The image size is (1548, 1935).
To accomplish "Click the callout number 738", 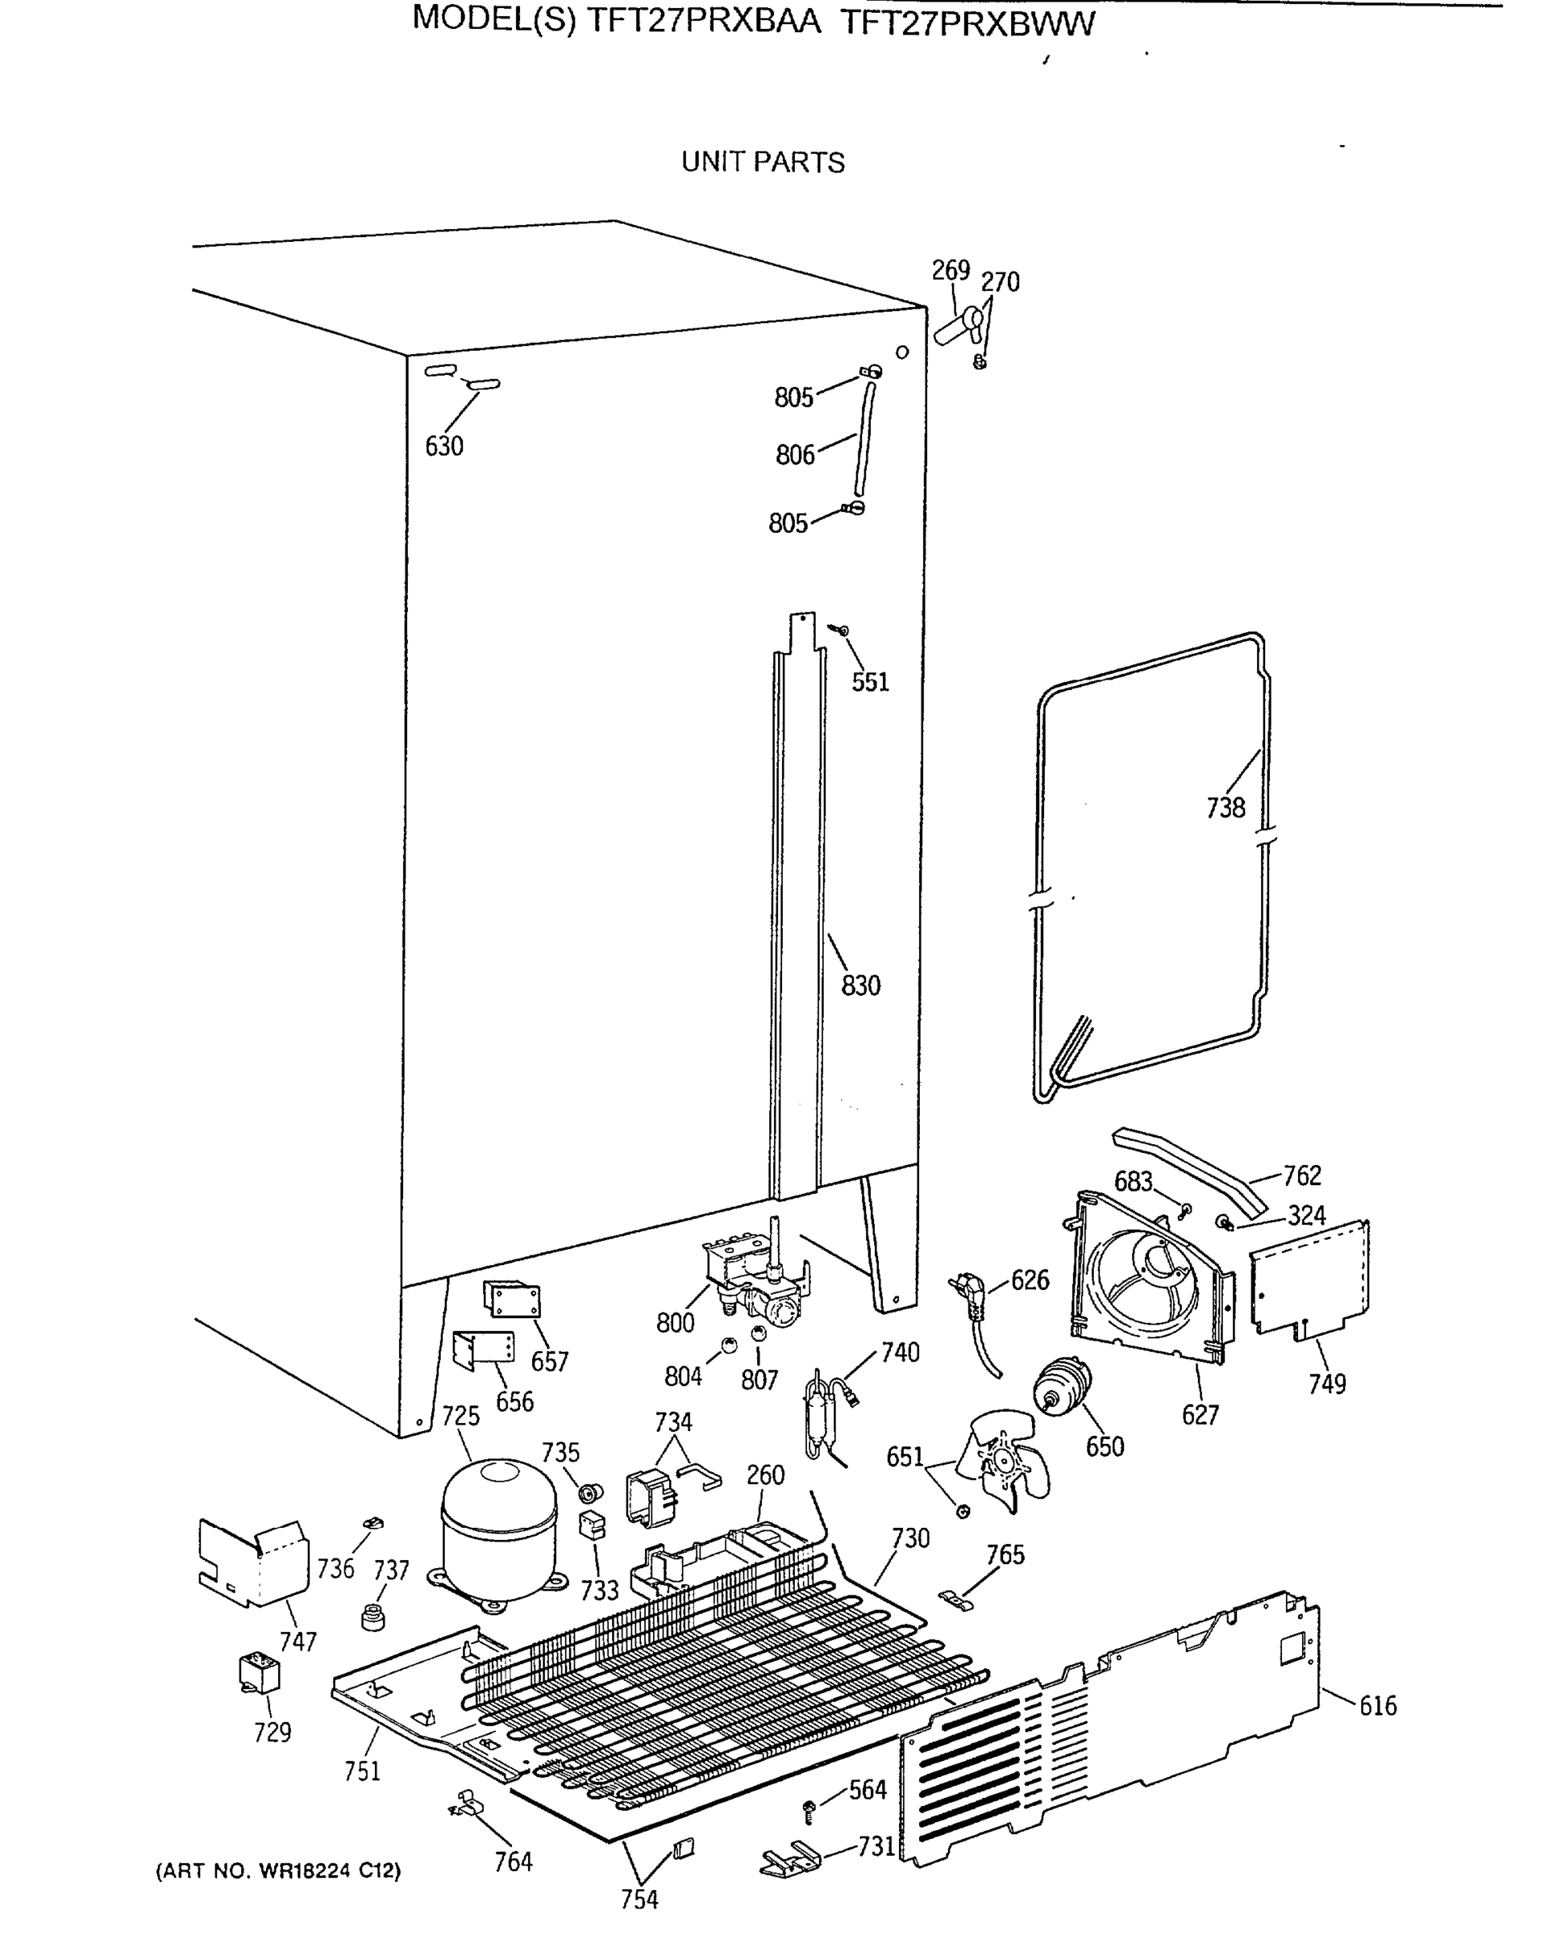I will (x=1225, y=808).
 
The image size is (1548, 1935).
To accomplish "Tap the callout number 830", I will (x=859, y=985).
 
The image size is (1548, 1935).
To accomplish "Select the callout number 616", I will (x=1378, y=1705).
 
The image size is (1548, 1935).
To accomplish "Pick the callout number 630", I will (x=444, y=446).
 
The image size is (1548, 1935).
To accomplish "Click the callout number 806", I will (x=795, y=455).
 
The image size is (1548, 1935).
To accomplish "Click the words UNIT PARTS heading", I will (x=763, y=162).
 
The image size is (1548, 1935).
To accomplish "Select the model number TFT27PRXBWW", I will (x=967, y=23).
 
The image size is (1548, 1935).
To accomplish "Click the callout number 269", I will (x=951, y=270).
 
